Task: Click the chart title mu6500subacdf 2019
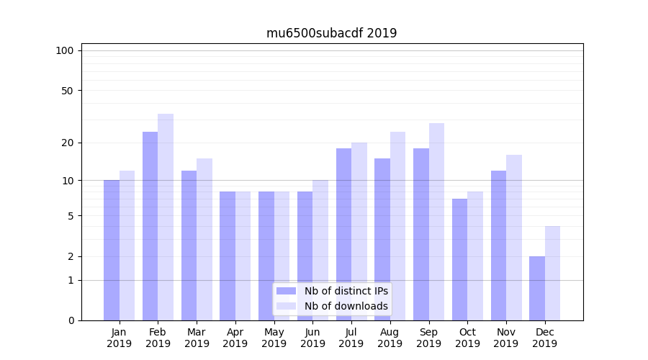click(331, 33)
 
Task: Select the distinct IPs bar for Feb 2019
click(150, 226)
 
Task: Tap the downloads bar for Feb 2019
click(166, 217)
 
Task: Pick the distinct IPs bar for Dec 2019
click(537, 288)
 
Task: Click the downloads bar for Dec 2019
click(553, 273)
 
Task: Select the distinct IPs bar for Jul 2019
click(343, 234)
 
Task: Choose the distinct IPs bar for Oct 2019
click(459, 259)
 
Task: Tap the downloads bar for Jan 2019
click(127, 246)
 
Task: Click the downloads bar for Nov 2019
click(514, 238)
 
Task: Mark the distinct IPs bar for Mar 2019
click(189, 246)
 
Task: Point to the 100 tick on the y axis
click(65, 50)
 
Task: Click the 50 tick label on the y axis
click(67, 91)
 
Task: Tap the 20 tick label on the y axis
click(67, 143)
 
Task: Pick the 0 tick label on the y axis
click(71, 320)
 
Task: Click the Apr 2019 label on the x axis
click(235, 338)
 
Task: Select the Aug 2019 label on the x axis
click(390, 338)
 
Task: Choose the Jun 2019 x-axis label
click(312, 338)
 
